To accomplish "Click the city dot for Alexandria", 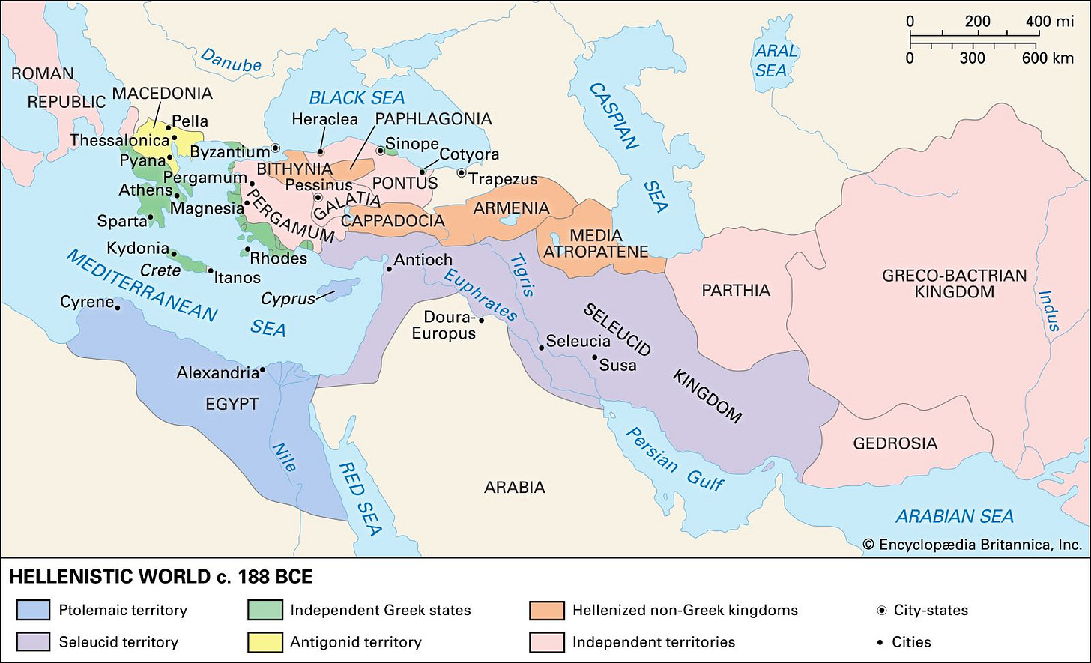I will (262, 370).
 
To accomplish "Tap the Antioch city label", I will (423, 261).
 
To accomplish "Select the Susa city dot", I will (594, 357).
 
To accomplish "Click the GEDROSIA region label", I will (895, 443).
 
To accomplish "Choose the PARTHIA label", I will (735, 290).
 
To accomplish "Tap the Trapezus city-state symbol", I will (462, 173).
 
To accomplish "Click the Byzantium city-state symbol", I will (276, 148).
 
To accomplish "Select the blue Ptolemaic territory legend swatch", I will (33, 610).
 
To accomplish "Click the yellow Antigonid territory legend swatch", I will (265, 642).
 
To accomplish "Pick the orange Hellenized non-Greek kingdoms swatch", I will (546, 610).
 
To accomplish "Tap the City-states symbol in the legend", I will (881, 610).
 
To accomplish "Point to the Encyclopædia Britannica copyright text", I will (972, 545).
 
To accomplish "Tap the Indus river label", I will (1050, 310).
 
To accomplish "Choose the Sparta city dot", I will (151, 217).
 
